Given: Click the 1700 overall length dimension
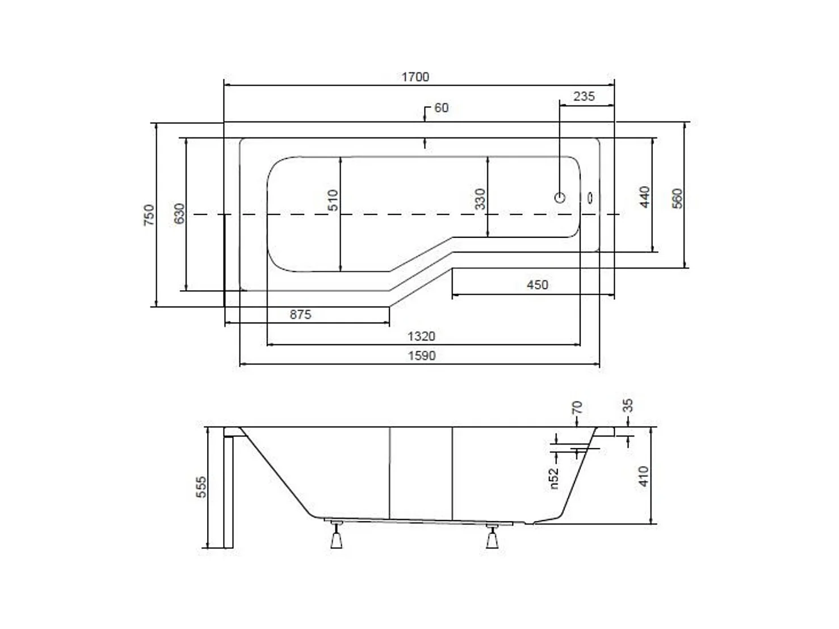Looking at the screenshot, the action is point(415,77).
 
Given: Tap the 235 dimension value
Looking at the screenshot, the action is point(584,97).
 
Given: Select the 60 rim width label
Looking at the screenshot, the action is point(442,108).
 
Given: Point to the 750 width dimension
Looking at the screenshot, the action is point(149,215).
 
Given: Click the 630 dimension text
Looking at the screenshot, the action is point(179,213).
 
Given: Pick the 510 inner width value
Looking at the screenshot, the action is point(333,200).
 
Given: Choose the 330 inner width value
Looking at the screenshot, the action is point(480,199).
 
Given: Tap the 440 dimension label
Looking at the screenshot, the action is point(644,197).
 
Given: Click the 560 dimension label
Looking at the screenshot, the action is point(677,198).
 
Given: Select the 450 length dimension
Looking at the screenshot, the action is point(538,284).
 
